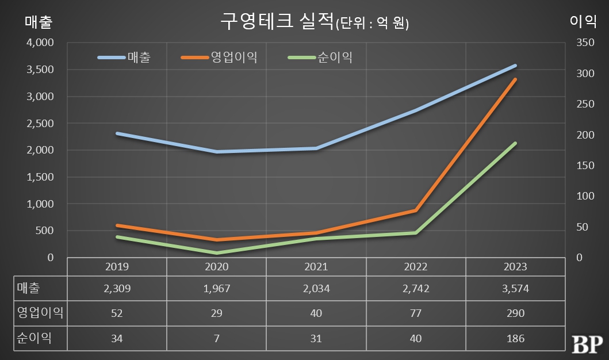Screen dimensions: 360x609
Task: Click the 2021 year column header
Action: (316, 267)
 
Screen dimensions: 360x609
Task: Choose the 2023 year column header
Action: (515, 267)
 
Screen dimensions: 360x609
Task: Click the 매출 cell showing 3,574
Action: (515, 289)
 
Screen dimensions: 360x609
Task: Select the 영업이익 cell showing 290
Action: (515, 313)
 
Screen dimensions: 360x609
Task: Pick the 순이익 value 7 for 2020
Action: (216, 338)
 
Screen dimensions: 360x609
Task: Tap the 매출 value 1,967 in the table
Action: (216, 289)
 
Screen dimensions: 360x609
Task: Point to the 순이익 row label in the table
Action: (35, 338)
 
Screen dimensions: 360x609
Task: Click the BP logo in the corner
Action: (587, 343)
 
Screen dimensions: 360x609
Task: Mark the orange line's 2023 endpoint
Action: (515, 79)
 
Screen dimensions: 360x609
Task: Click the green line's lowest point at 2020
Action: (217, 253)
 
